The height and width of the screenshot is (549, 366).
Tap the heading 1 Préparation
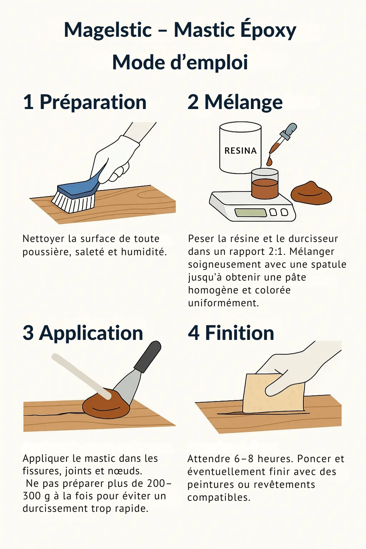coord(85,102)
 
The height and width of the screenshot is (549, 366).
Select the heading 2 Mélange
coord(235,103)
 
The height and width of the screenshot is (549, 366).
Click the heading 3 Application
coord(83,333)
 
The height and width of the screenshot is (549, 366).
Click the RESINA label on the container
coord(241,151)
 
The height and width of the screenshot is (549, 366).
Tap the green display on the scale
coord(251,213)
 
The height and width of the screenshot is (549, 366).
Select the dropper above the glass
coord(282,143)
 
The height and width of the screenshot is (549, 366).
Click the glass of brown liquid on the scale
coord(265,183)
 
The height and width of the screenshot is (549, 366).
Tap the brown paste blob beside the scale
coord(311,193)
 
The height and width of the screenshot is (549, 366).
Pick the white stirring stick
coord(81,376)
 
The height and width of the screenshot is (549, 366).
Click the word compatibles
coord(219,498)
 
